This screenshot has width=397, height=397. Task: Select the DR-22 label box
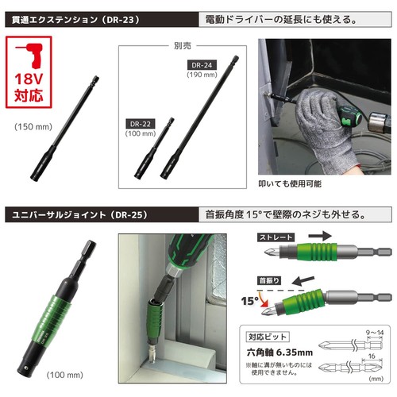(140, 125)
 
